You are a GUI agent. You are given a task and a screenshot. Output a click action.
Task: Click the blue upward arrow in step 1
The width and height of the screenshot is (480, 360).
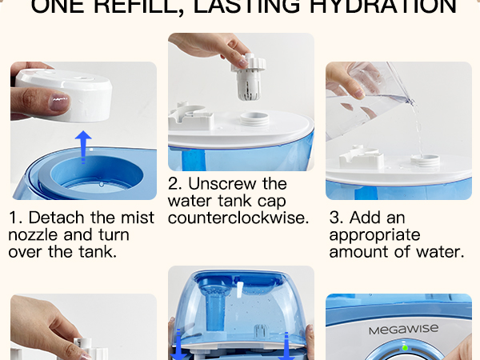point(80,147)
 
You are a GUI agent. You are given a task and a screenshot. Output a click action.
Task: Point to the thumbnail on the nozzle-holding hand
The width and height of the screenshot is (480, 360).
point(58,102)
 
